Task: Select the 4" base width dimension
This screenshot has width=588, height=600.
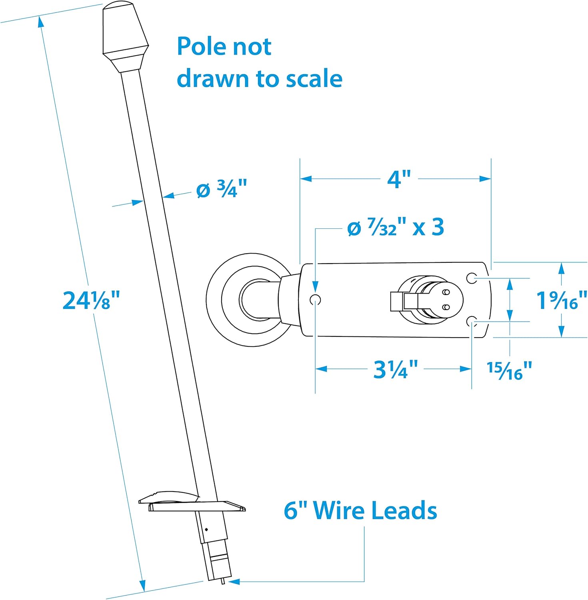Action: pyautogui.click(x=399, y=179)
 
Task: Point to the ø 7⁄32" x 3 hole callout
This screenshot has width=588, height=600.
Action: pyautogui.click(x=395, y=228)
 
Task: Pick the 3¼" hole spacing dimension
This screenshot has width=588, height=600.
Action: pyautogui.click(x=395, y=369)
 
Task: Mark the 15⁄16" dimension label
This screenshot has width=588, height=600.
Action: pyautogui.click(x=509, y=370)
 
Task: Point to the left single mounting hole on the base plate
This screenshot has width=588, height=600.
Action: pyautogui.click(x=316, y=299)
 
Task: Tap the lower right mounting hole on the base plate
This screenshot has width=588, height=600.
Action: pyautogui.click(x=472, y=321)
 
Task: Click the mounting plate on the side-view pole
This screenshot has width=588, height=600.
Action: pyautogui.click(x=192, y=505)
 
